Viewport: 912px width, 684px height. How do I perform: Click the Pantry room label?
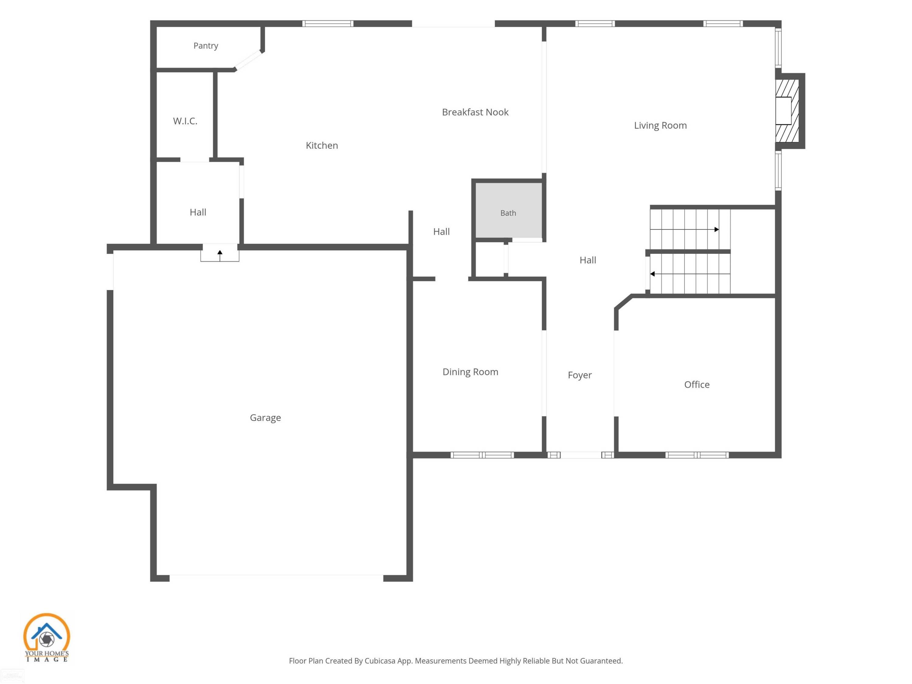point(206,46)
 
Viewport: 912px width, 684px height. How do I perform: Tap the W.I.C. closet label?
point(185,121)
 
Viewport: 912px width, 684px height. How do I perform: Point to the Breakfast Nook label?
point(475,112)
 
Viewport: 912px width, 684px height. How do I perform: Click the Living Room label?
point(660,125)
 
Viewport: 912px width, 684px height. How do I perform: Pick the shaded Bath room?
point(508,210)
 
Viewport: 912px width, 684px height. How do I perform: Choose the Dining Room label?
point(470,372)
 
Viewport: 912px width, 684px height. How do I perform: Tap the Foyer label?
point(580,375)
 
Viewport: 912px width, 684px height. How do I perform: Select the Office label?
point(697,385)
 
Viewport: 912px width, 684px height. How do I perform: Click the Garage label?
point(265,418)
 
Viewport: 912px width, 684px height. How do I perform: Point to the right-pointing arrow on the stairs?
point(684,229)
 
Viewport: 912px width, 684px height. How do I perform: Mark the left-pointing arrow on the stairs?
point(690,274)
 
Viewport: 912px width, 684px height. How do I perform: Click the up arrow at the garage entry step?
point(220,255)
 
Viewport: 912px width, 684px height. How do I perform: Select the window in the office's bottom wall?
point(697,455)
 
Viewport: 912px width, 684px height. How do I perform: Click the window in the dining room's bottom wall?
point(482,455)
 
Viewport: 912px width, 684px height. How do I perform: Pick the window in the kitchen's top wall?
point(328,23)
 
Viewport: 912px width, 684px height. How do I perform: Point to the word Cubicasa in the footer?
point(379,661)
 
